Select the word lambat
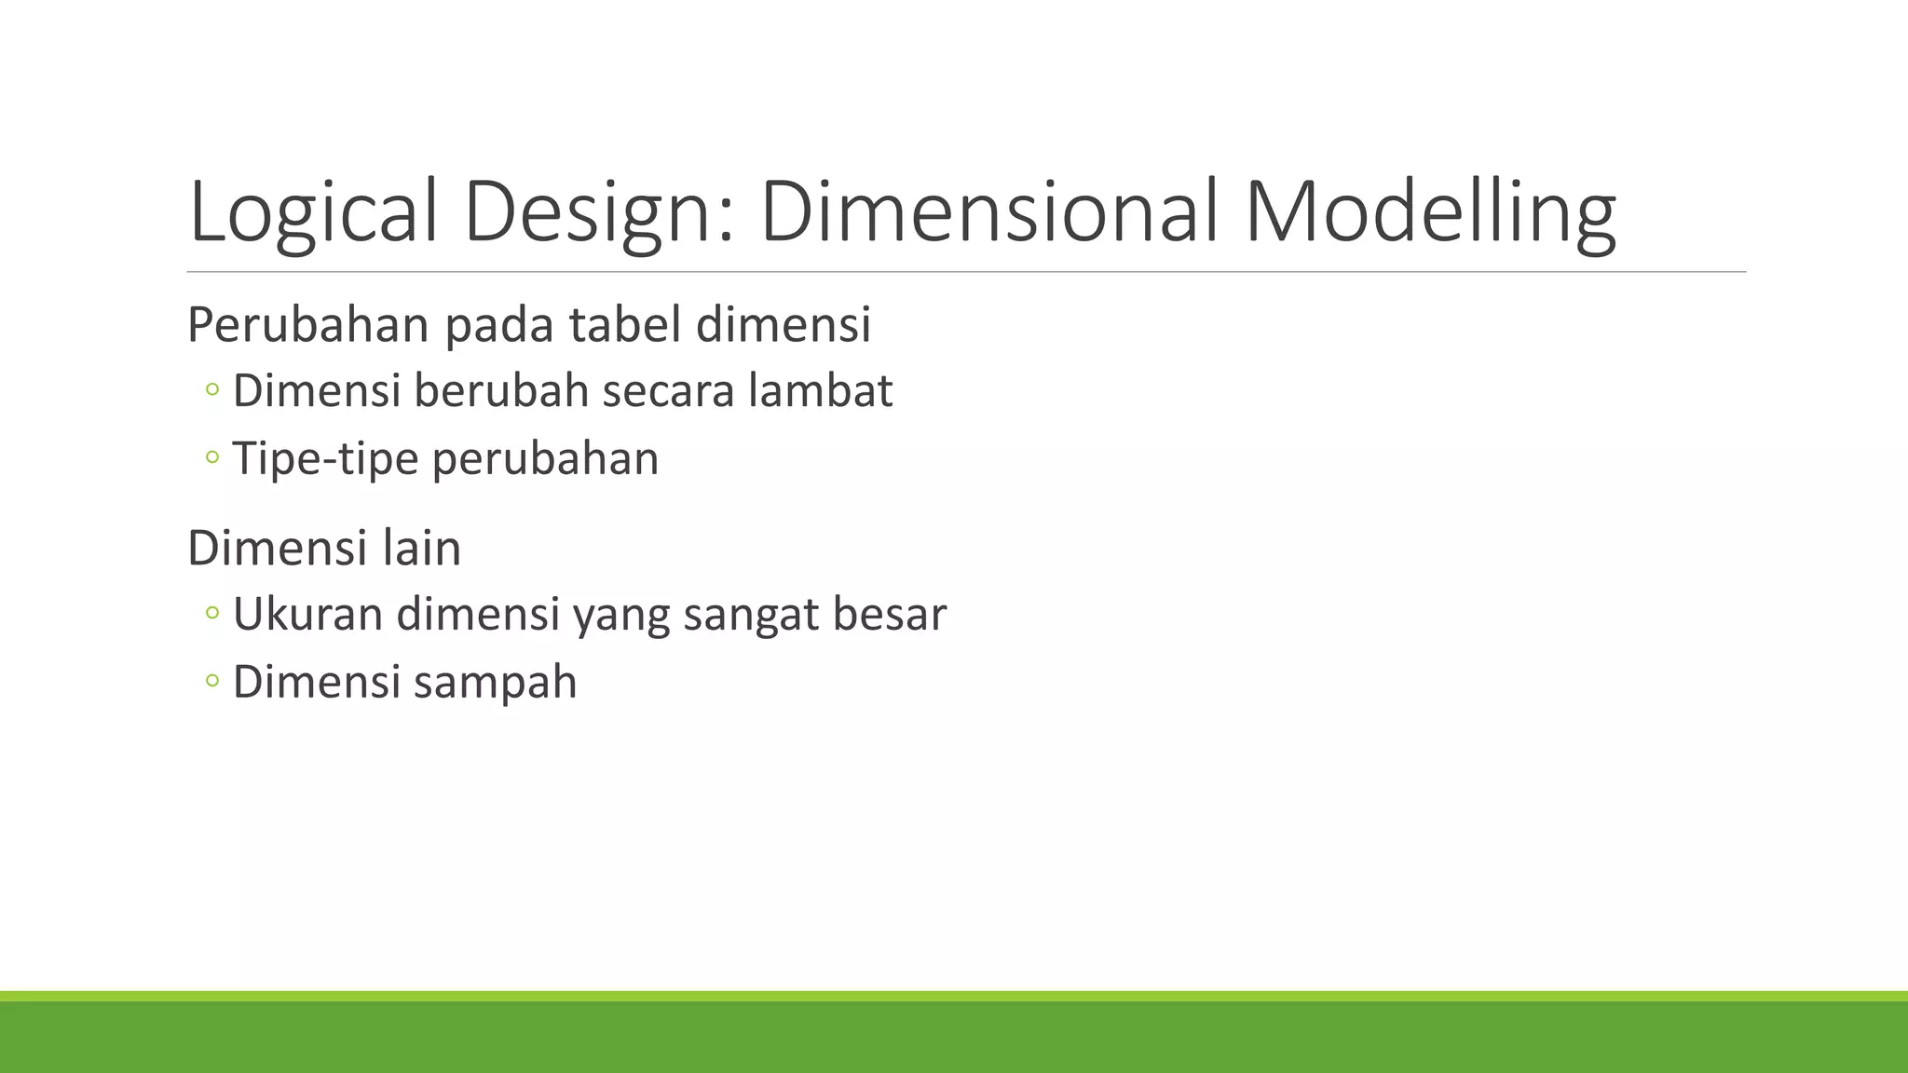click(820, 390)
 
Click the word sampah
click(495, 683)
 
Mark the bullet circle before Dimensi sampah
click(211, 682)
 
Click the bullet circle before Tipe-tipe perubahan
click(211, 458)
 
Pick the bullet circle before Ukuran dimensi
click(211, 614)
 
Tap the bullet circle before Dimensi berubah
click(211, 390)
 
